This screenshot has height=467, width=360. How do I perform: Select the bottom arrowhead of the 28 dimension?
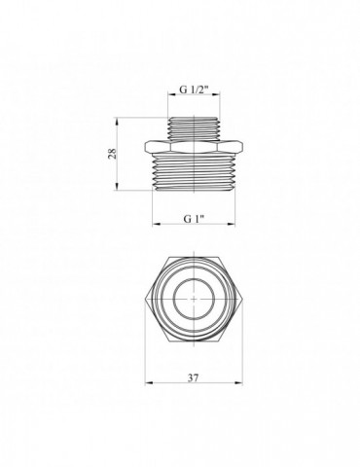tap(121, 192)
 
